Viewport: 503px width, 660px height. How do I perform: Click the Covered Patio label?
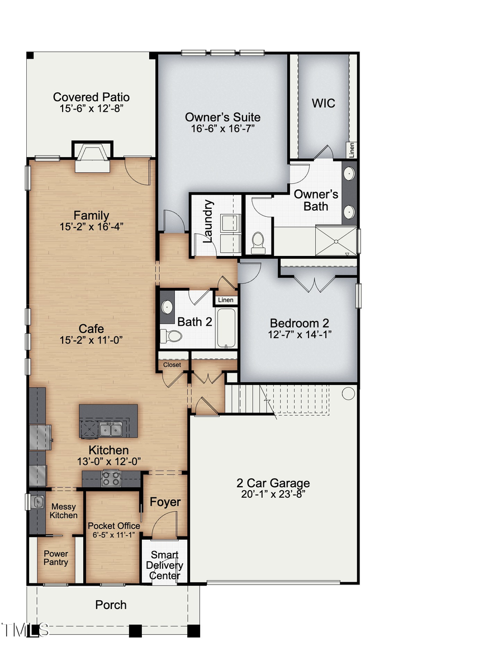(x=91, y=97)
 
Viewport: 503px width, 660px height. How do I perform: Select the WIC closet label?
(x=324, y=103)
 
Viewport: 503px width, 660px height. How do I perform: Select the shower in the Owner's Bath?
(x=335, y=240)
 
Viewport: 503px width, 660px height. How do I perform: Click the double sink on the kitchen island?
(x=110, y=429)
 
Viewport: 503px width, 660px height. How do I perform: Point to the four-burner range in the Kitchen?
(x=110, y=478)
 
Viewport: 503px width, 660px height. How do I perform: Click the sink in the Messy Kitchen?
(x=37, y=502)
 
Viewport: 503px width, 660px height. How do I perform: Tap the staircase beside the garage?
(x=249, y=398)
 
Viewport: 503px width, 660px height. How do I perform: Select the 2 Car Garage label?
(x=273, y=483)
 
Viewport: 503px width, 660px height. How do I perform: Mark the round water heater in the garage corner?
(x=348, y=393)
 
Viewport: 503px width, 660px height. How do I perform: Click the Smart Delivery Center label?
(x=164, y=565)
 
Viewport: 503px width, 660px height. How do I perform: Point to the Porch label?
(x=111, y=605)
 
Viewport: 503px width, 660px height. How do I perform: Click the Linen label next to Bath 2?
(x=226, y=300)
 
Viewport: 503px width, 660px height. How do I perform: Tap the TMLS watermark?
(x=24, y=630)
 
